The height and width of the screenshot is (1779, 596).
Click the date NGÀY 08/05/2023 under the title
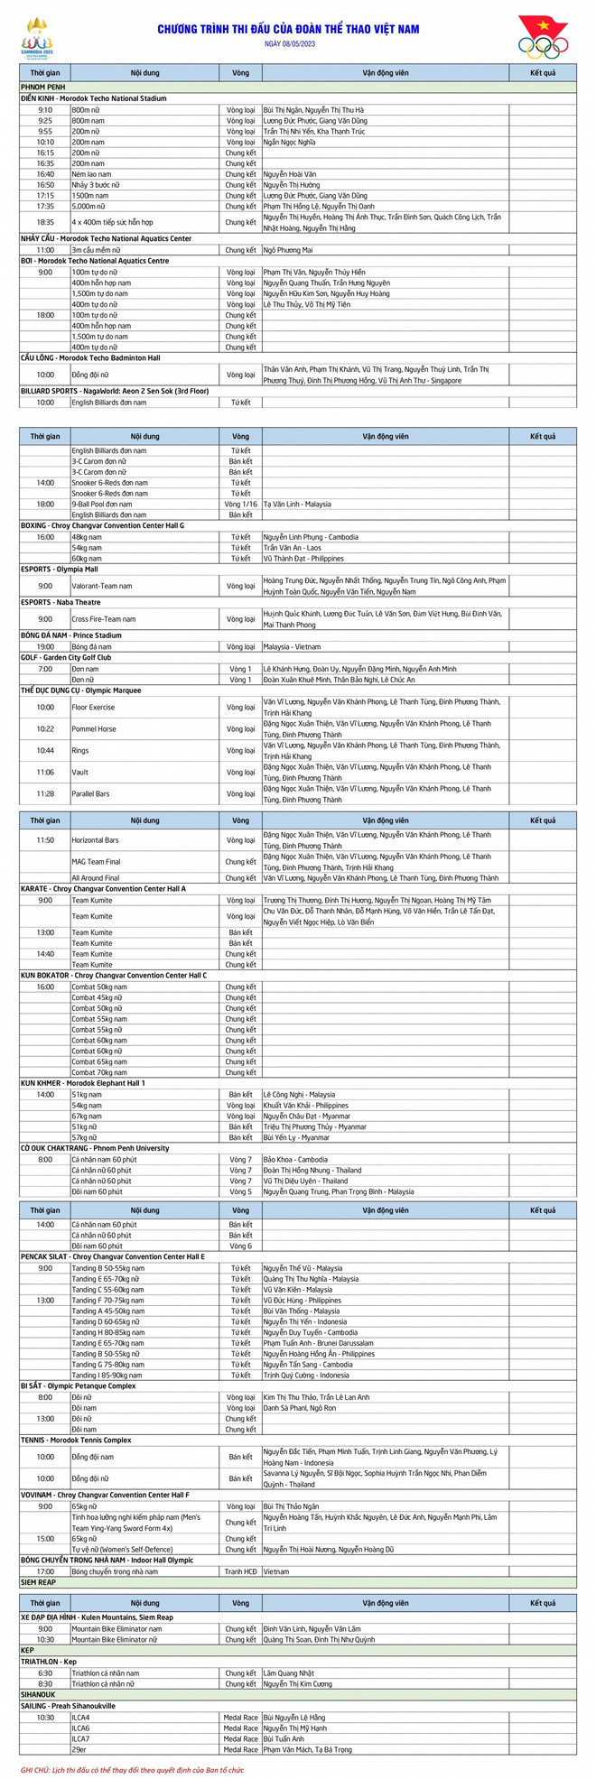click(x=289, y=43)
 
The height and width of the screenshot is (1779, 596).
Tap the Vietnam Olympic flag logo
click(x=542, y=36)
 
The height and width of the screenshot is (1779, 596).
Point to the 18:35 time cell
click(x=45, y=222)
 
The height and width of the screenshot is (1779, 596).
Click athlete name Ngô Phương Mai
click(x=288, y=250)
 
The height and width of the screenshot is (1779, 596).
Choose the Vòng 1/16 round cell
click(x=240, y=505)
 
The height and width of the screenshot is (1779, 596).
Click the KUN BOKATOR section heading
click(x=113, y=976)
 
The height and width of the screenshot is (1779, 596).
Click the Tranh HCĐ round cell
click(x=240, y=1571)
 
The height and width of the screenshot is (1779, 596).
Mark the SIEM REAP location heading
click(x=40, y=1582)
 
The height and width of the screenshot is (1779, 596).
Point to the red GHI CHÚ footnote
click(x=132, y=1770)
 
